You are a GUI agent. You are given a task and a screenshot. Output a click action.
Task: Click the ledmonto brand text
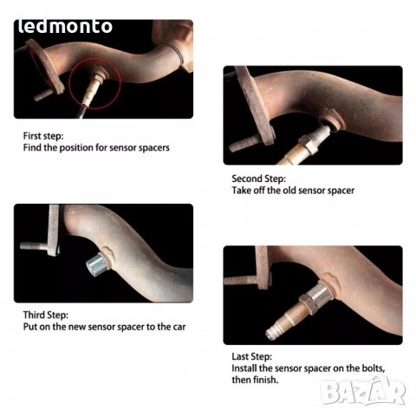tap(65, 27)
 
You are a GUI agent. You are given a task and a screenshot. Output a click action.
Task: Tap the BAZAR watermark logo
tap(363, 391)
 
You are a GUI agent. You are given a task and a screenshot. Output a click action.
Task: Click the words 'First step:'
tap(43, 136)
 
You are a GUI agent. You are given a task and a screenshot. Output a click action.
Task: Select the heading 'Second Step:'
tap(258, 179)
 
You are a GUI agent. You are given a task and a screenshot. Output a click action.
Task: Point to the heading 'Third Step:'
tap(46, 315)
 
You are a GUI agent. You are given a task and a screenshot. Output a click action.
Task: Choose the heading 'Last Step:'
tap(251, 357)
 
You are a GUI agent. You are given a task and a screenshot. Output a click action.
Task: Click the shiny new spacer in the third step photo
tap(97, 263)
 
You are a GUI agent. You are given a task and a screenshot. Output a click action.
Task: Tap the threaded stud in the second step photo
tap(245, 143)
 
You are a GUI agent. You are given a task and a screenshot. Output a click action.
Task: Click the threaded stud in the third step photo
tap(34, 246)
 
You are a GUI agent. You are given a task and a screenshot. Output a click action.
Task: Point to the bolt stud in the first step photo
tap(43, 95)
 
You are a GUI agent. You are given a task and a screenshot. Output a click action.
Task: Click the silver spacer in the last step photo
tap(321, 294)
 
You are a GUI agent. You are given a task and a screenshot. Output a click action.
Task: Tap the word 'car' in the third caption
tap(179, 327)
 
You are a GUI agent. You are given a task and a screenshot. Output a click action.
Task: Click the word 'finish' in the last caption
tap(265, 380)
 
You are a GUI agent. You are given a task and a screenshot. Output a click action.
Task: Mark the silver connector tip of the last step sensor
tap(271, 333)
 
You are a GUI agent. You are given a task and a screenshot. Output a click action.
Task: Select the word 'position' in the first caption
tap(76, 148)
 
